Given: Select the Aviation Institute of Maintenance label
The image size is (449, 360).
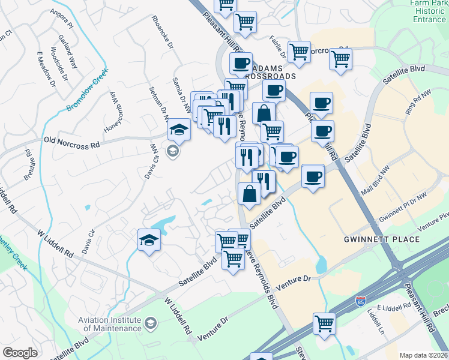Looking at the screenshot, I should click(110, 324).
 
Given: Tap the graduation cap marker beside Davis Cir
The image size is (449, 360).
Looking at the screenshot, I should click(149, 241).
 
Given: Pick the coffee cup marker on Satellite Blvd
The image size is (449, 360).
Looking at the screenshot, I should click(312, 176).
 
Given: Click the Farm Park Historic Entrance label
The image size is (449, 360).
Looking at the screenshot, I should click(429, 11).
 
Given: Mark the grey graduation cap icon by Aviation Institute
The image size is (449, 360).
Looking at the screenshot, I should click(150, 324).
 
